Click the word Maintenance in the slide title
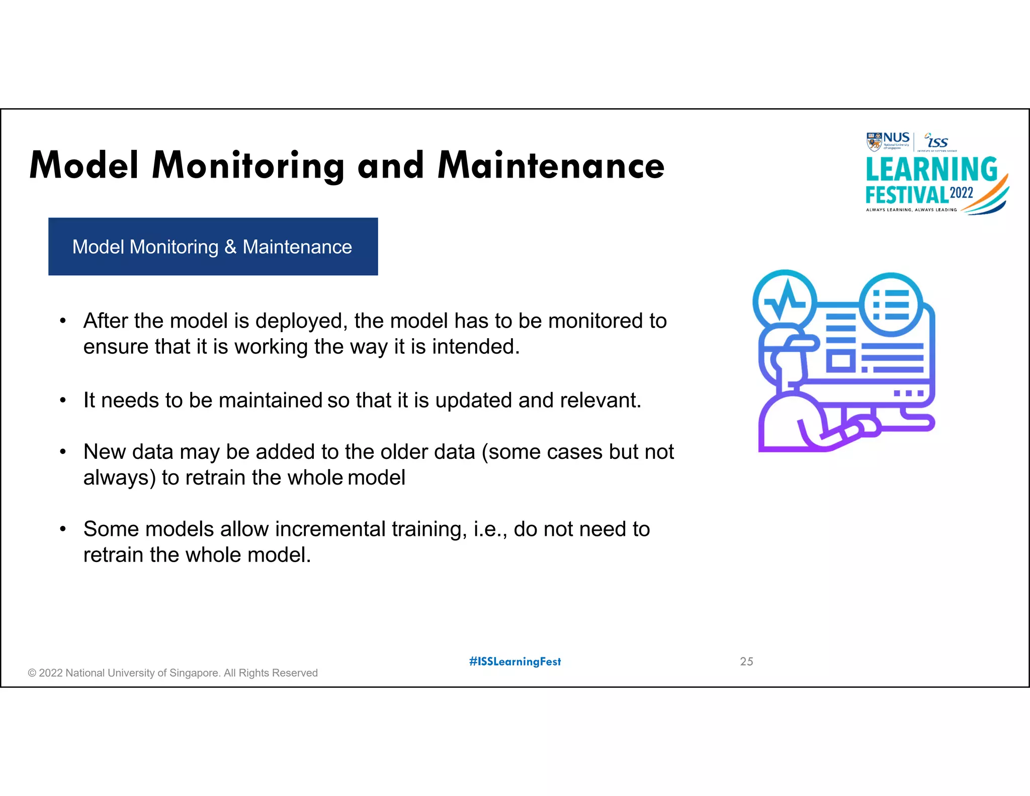(551, 166)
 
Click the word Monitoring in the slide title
(248, 166)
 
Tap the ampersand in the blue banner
(230, 247)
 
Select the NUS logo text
(896, 138)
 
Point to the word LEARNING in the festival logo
(931, 170)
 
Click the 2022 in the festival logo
(961, 193)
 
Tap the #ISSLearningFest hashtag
(515, 662)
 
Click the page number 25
(746, 662)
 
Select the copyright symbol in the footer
(32, 673)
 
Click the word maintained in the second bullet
(271, 401)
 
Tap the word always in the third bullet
(119, 478)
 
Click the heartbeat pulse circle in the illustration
(784, 301)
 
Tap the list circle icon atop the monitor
(891, 304)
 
